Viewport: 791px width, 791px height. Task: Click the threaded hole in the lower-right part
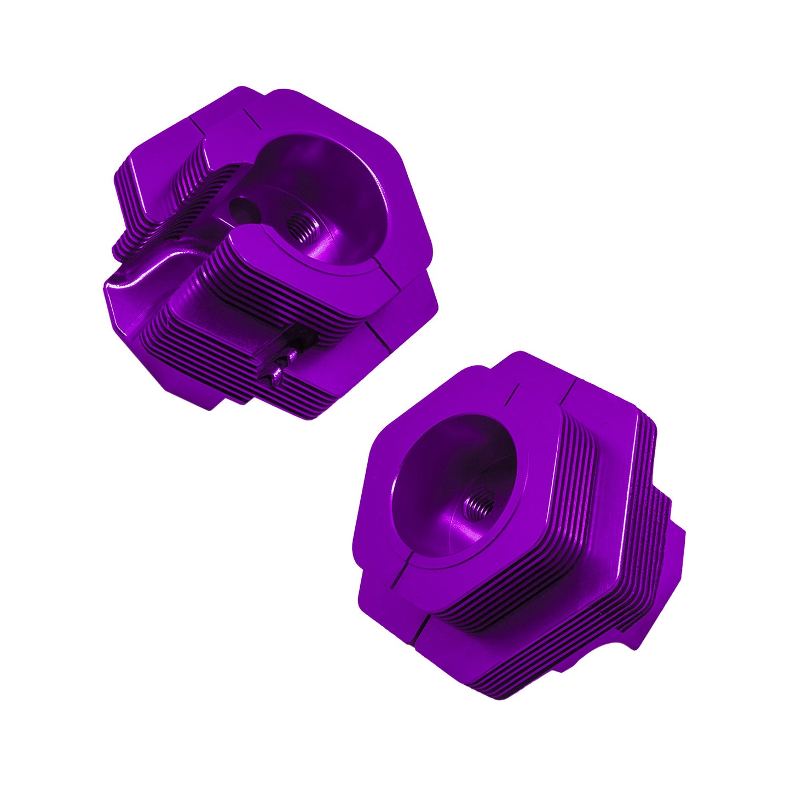click(480, 502)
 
